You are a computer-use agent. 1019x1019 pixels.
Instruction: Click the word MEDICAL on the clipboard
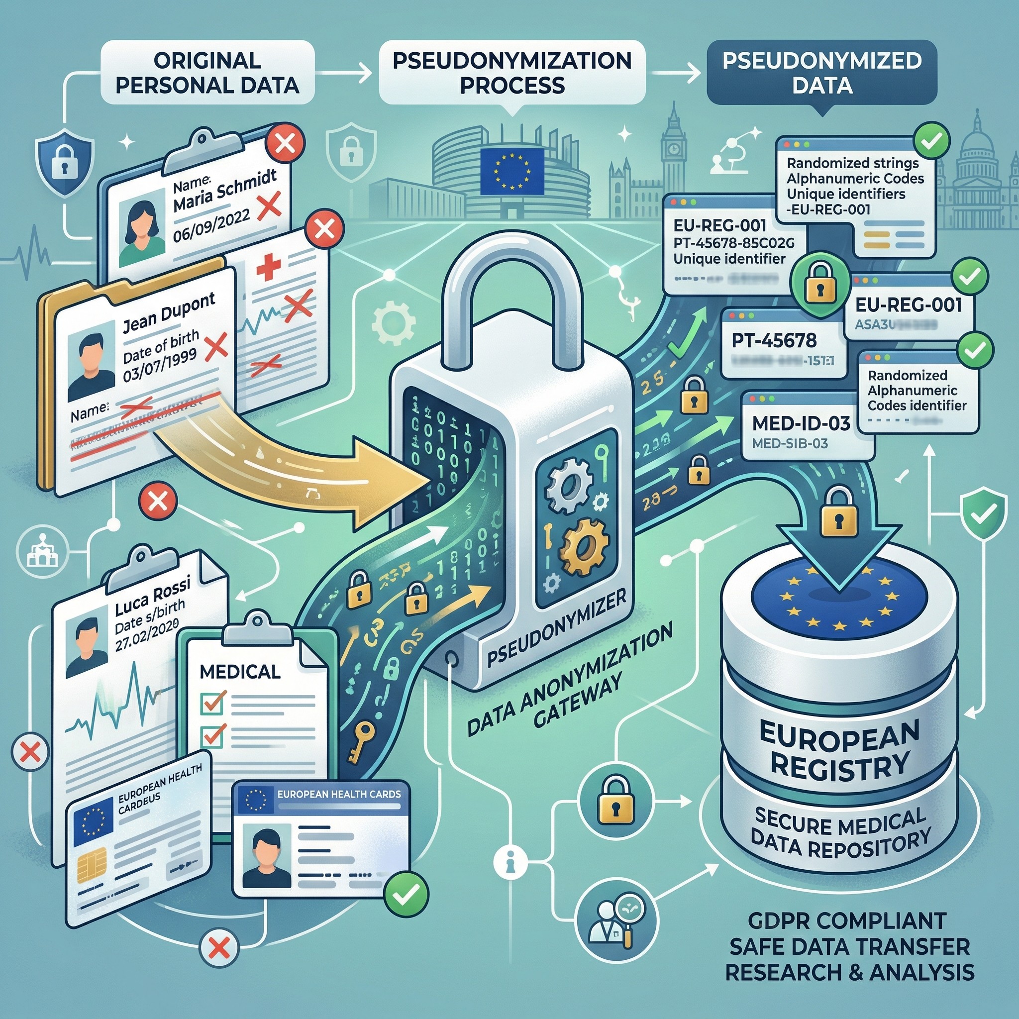[240, 671]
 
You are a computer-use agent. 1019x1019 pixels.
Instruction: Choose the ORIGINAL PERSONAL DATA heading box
[207, 73]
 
